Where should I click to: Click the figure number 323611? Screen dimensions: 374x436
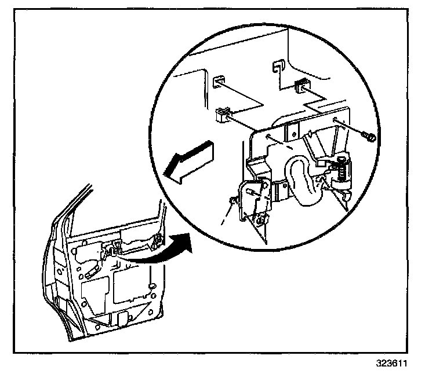coord(392,365)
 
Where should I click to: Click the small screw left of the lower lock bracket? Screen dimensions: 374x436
coord(234,200)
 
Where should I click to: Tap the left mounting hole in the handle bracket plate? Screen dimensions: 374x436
coord(270,138)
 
